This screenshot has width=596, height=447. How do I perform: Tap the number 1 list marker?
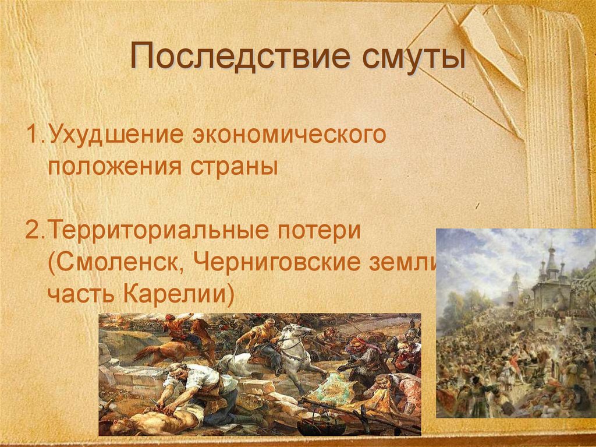click(x=31, y=136)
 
